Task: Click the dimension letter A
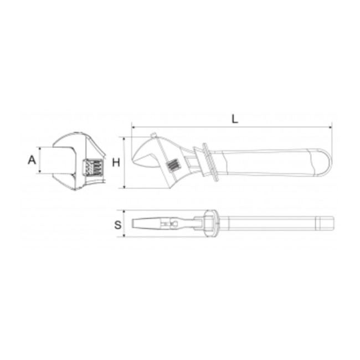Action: [x=32, y=160]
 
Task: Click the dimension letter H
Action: [x=116, y=163]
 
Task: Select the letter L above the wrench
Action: [x=235, y=119]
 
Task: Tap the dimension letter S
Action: [x=118, y=225]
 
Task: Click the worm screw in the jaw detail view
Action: [x=92, y=168]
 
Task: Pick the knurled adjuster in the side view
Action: [x=173, y=165]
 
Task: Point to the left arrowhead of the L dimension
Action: [x=133, y=127]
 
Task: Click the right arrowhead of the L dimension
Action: [x=331, y=127]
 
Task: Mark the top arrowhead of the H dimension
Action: [x=124, y=139]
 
